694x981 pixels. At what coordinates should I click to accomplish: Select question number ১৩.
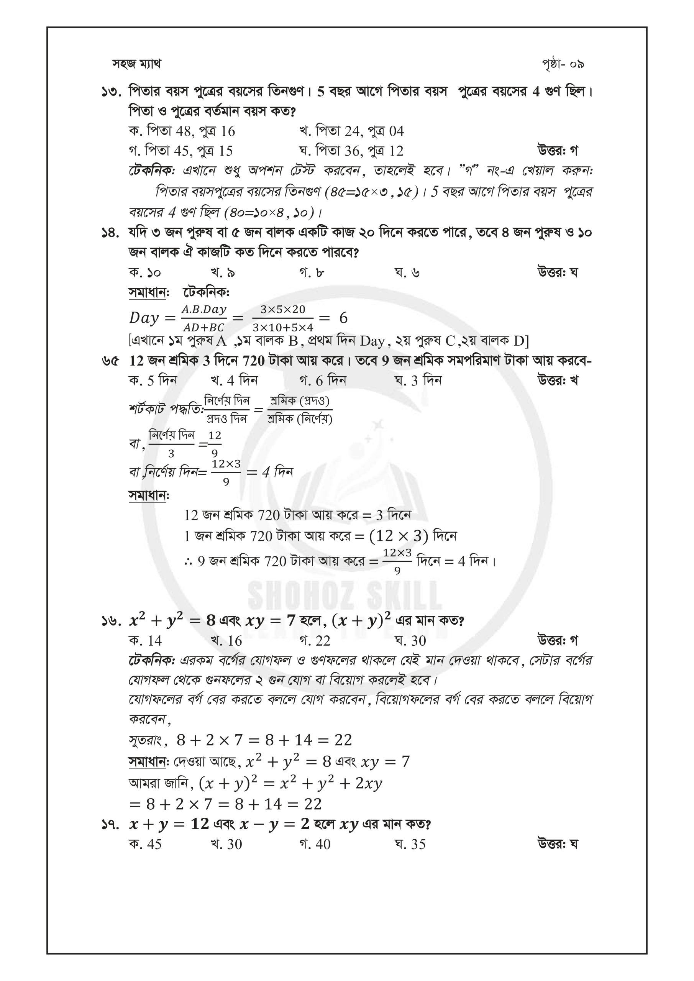(112, 92)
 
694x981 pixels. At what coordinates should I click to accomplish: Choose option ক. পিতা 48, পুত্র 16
(182, 131)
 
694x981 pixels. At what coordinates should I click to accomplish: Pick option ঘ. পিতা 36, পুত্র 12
(351, 151)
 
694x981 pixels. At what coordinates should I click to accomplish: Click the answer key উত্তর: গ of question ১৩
(558, 151)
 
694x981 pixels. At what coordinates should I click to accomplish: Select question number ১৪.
(112, 233)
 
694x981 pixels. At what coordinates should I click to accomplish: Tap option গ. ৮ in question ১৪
(312, 272)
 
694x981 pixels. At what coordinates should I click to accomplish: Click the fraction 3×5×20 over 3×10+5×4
(283, 318)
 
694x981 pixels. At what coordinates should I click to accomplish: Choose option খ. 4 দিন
(234, 380)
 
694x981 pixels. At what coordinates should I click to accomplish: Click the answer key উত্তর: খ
(558, 380)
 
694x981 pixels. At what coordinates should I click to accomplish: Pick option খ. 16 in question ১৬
(226, 640)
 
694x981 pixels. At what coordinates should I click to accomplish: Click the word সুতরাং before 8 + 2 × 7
(146, 740)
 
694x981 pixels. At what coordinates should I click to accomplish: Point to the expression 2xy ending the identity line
(369, 784)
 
